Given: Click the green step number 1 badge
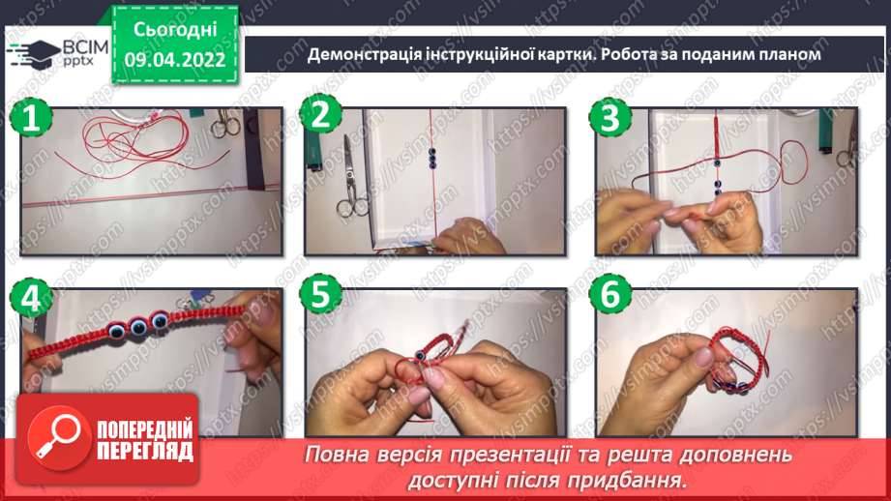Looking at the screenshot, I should coord(30,120).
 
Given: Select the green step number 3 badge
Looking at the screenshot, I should coord(609,120).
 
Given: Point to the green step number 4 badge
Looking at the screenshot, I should coord(30,298).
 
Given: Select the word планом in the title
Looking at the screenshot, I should coord(787,55).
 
